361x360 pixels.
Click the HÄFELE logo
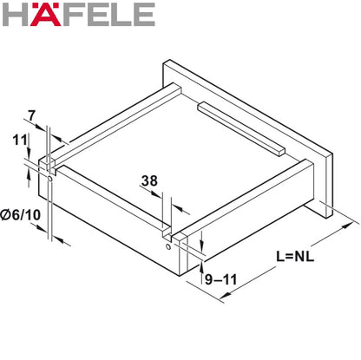click(x=79, y=15)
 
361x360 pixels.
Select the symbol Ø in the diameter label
click(x=7, y=213)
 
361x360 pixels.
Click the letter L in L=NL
click(x=280, y=257)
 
